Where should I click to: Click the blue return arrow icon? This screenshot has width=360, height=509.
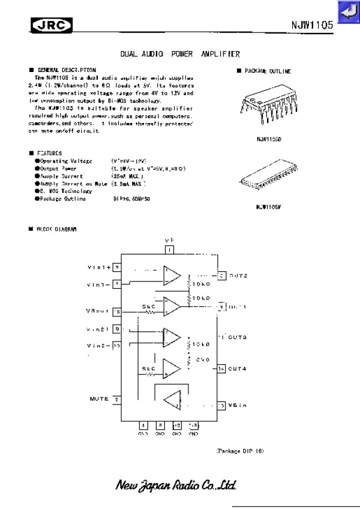click(x=348, y=13)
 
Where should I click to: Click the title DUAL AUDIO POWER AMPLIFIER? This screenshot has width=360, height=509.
click(x=180, y=53)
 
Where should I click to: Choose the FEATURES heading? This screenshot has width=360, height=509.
click(x=49, y=153)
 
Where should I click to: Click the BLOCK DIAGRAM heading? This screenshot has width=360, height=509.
click(x=56, y=229)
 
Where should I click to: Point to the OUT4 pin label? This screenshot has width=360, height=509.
click(x=238, y=368)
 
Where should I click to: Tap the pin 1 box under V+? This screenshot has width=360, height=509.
click(x=170, y=250)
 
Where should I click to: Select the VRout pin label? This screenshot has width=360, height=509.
click(x=98, y=311)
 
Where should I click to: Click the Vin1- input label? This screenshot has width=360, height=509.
click(x=99, y=284)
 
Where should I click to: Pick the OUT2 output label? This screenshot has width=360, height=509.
click(x=238, y=276)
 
